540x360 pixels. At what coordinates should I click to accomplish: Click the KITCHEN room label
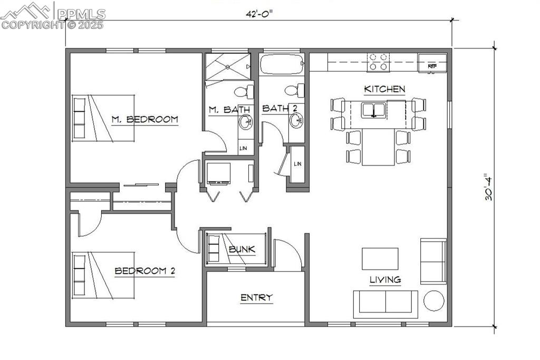(x=384, y=89)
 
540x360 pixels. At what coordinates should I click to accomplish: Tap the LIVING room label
(x=384, y=280)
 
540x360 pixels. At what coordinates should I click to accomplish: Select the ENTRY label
(x=256, y=298)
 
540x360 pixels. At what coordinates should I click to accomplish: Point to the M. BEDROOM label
(x=144, y=119)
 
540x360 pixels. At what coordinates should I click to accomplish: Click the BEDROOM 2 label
(x=145, y=271)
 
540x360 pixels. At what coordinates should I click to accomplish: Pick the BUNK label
(x=242, y=249)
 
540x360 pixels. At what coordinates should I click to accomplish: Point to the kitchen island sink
(x=373, y=110)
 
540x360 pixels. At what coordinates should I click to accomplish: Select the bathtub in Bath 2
(x=282, y=65)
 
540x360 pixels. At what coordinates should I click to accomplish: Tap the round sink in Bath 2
(x=296, y=122)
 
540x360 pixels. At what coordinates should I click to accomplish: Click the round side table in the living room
(x=435, y=301)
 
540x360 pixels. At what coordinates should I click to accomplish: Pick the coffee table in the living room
(x=380, y=258)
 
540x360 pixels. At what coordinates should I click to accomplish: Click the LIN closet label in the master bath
(x=243, y=149)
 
